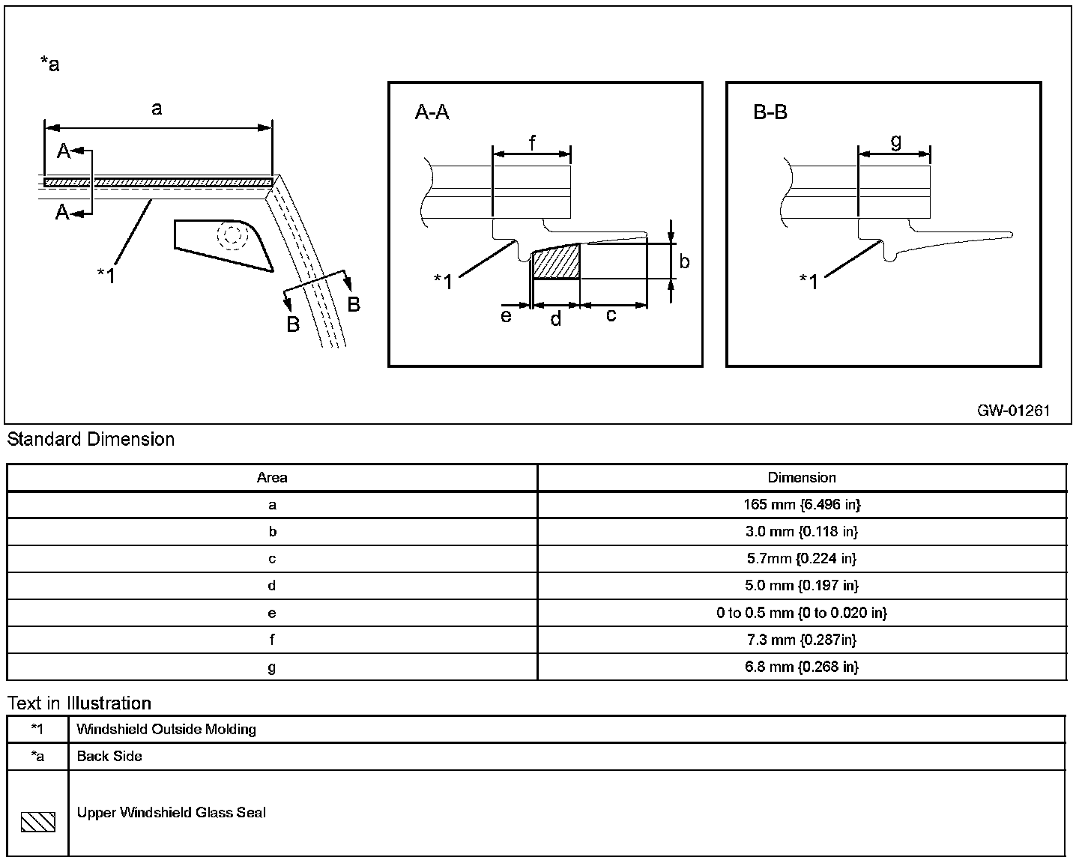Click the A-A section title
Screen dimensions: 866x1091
432,113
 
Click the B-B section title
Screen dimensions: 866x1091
770,113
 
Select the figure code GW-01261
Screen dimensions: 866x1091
1013,411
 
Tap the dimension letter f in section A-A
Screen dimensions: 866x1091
532,142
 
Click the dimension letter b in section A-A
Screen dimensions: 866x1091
684,261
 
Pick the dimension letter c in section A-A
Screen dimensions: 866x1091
611,315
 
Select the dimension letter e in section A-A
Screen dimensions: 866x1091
507,316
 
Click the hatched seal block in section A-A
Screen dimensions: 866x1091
556,261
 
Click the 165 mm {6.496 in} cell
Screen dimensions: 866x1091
802,505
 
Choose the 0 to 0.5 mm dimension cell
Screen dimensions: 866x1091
802,613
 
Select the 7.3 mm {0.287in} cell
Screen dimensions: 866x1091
802,640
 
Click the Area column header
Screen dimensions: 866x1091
272,478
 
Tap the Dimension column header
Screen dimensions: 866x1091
802,478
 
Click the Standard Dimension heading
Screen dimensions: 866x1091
91,440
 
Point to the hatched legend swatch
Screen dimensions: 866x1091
37,822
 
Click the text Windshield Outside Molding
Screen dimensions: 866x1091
166,729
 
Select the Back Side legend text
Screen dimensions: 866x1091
109,756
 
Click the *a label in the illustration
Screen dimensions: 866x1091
49,64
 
